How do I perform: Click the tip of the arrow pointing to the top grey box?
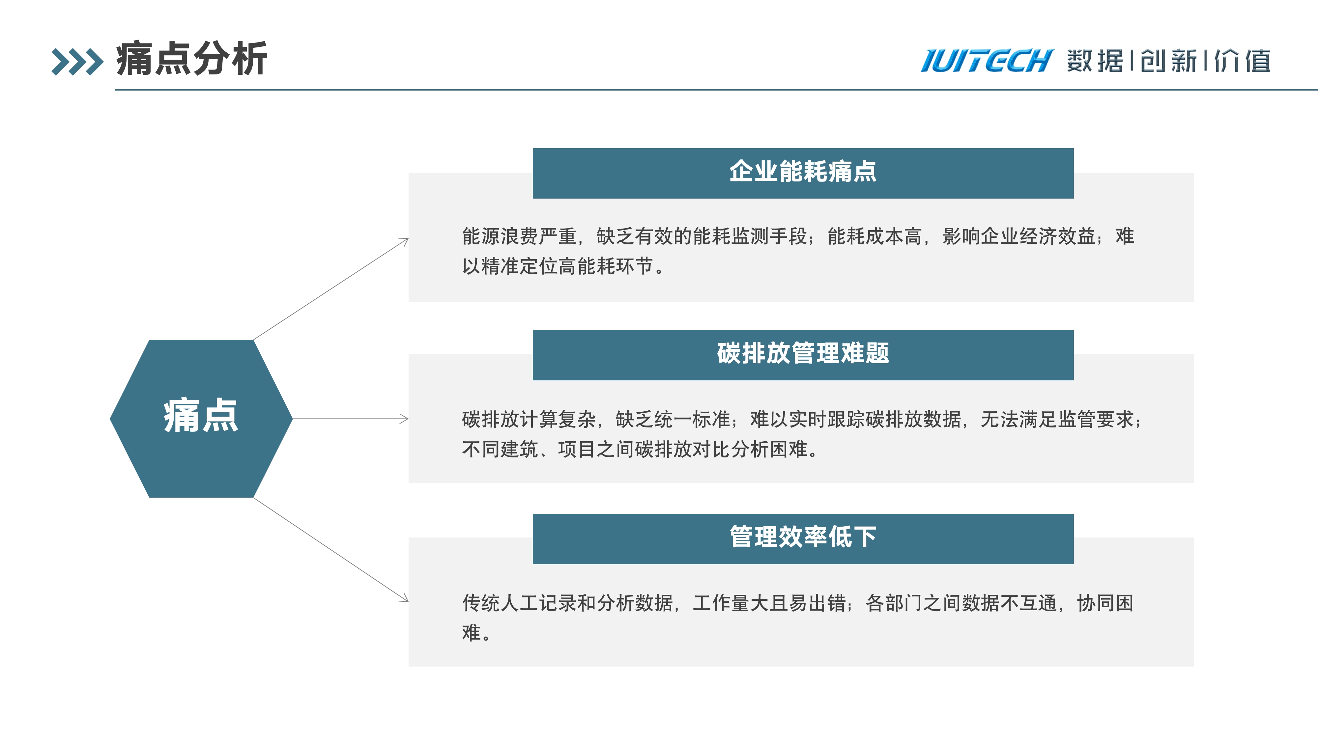point(408,238)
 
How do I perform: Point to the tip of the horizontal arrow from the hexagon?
point(408,419)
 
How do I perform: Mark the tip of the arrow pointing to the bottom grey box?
point(408,601)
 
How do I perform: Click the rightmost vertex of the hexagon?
point(292,419)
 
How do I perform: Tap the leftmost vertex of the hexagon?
point(110,419)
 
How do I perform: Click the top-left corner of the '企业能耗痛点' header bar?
point(532,148)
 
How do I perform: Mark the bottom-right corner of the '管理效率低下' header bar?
point(1074,564)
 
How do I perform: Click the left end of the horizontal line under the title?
point(116,90)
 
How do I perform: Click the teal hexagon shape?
point(201,419)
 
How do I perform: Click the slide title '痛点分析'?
point(192,59)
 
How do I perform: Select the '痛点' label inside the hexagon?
point(201,416)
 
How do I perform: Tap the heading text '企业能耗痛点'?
point(803,171)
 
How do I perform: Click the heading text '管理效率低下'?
point(803,537)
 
